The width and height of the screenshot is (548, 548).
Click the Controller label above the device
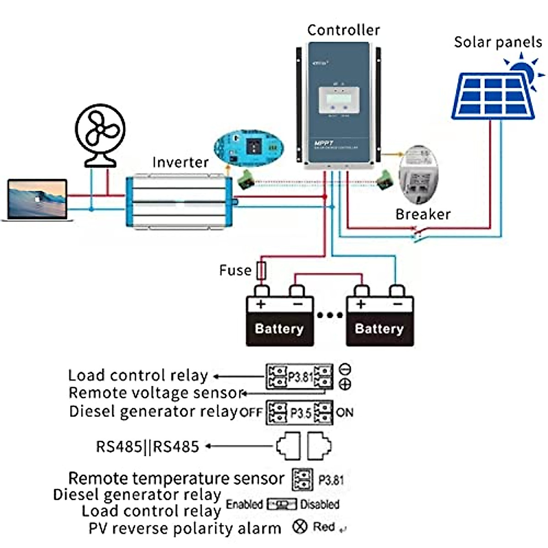[343, 30]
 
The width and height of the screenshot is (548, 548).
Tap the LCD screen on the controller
[338, 96]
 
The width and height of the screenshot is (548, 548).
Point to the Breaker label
[423, 214]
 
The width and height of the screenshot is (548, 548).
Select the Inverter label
[180, 163]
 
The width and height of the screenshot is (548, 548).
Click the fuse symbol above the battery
[261, 270]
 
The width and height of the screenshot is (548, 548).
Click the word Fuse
[235, 270]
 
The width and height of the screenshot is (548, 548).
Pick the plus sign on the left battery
[261, 304]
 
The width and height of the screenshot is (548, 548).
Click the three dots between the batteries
[330, 315]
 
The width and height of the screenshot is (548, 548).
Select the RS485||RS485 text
[148, 446]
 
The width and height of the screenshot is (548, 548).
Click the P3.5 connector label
[300, 413]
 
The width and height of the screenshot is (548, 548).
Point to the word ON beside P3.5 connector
[344, 412]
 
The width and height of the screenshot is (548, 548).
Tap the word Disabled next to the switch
[320, 504]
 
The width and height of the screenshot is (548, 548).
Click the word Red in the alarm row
[324, 527]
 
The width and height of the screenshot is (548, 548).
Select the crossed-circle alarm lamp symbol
[300, 527]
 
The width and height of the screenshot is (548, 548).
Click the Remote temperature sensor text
[176, 479]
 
